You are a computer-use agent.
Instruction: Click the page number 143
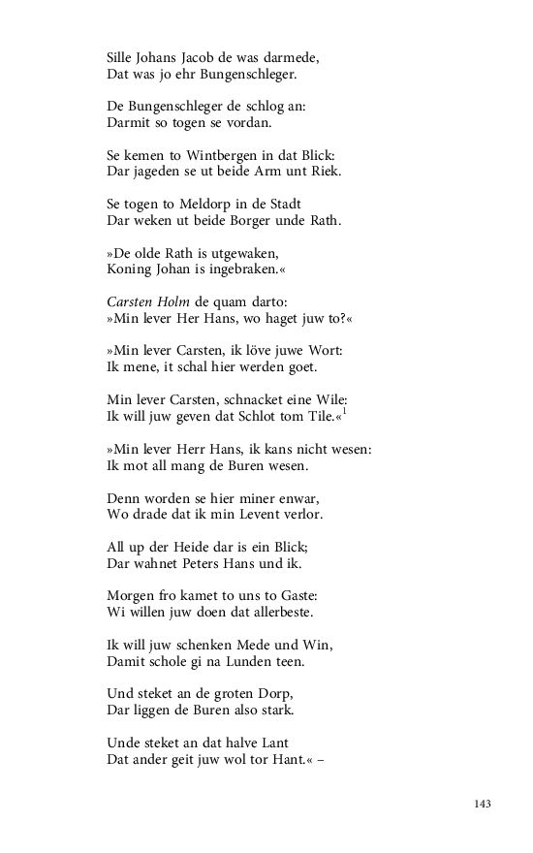484,804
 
